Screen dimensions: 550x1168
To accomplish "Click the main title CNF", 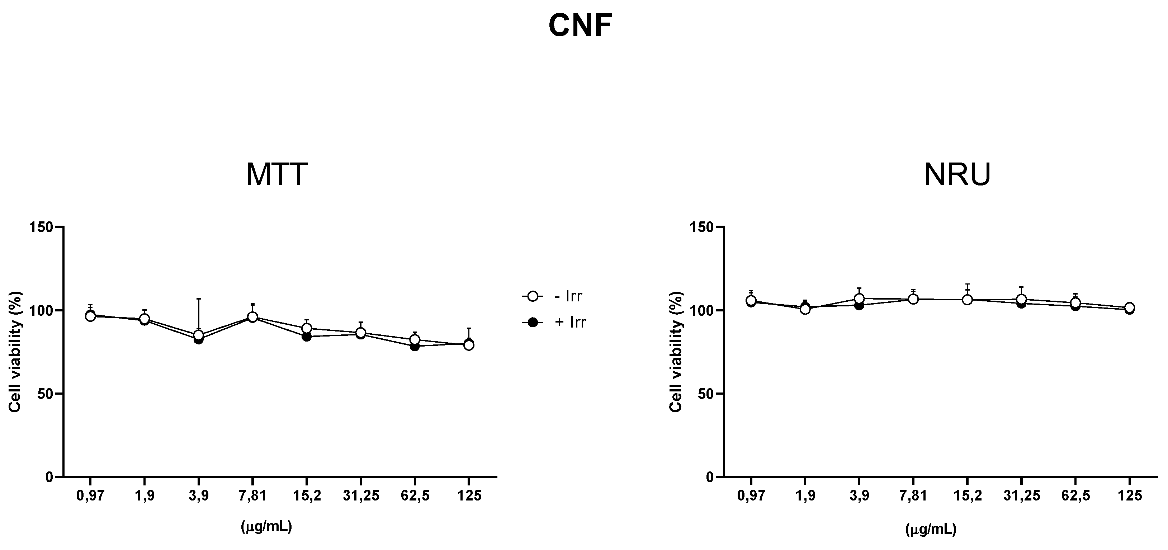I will [x=580, y=26].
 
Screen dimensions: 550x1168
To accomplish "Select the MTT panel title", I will [x=276, y=175].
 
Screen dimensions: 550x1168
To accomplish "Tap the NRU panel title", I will [x=957, y=175].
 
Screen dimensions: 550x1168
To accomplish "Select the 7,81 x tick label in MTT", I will [x=252, y=495].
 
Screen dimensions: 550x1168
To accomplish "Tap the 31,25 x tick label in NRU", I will [x=1021, y=495].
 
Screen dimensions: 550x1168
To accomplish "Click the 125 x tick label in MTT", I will [x=469, y=495].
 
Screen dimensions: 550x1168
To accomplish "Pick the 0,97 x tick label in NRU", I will [x=751, y=495].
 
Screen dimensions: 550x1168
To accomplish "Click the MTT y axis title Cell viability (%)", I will [x=15, y=352].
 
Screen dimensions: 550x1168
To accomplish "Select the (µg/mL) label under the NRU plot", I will [x=931, y=530].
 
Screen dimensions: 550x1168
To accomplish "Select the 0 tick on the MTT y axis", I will [x=49, y=477].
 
